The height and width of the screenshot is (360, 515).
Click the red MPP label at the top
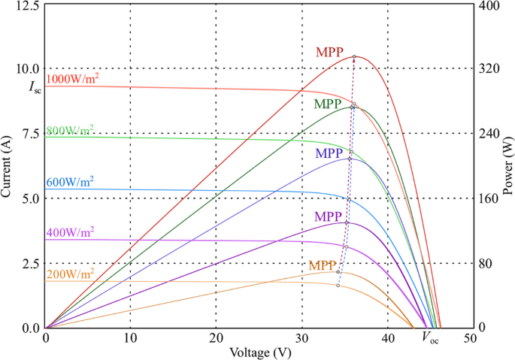pyautogui.click(x=329, y=53)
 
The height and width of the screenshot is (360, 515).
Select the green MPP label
pyautogui.click(x=328, y=103)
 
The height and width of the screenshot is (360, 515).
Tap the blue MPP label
pyautogui.click(x=329, y=153)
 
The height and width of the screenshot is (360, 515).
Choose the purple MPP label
pyautogui.click(x=327, y=216)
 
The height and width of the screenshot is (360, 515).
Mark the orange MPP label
pyautogui.click(x=322, y=266)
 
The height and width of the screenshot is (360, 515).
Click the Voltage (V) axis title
pyautogui.click(x=241, y=351)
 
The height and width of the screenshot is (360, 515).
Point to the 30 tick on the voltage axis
pyautogui.click(x=301, y=338)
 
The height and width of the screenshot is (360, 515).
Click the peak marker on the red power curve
pyautogui.click(x=354, y=57)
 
